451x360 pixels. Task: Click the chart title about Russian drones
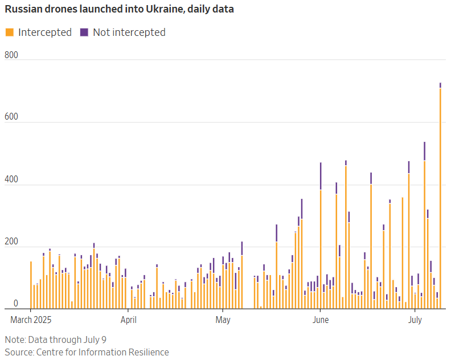click(x=120, y=10)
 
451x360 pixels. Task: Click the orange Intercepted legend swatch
click(x=9, y=32)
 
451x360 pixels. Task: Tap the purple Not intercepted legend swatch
click(x=84, y=32)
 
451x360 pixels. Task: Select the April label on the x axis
click(x=129, y=320)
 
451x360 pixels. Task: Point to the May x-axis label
click(x=223, y=320)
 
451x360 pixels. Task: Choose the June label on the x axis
click(x=321, y=320)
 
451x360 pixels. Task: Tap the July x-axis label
click(x=415, y=320)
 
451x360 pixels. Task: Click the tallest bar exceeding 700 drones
click(x=440, y=197)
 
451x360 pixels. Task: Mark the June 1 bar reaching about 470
click(x=321, y=239)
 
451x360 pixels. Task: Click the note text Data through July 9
click(x=56, y=339)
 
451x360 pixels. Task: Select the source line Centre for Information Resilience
click(x=87, y=352)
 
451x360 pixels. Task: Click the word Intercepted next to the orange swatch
click(x=45, y=32)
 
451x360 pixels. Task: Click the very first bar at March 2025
click(x=31, y=285)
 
